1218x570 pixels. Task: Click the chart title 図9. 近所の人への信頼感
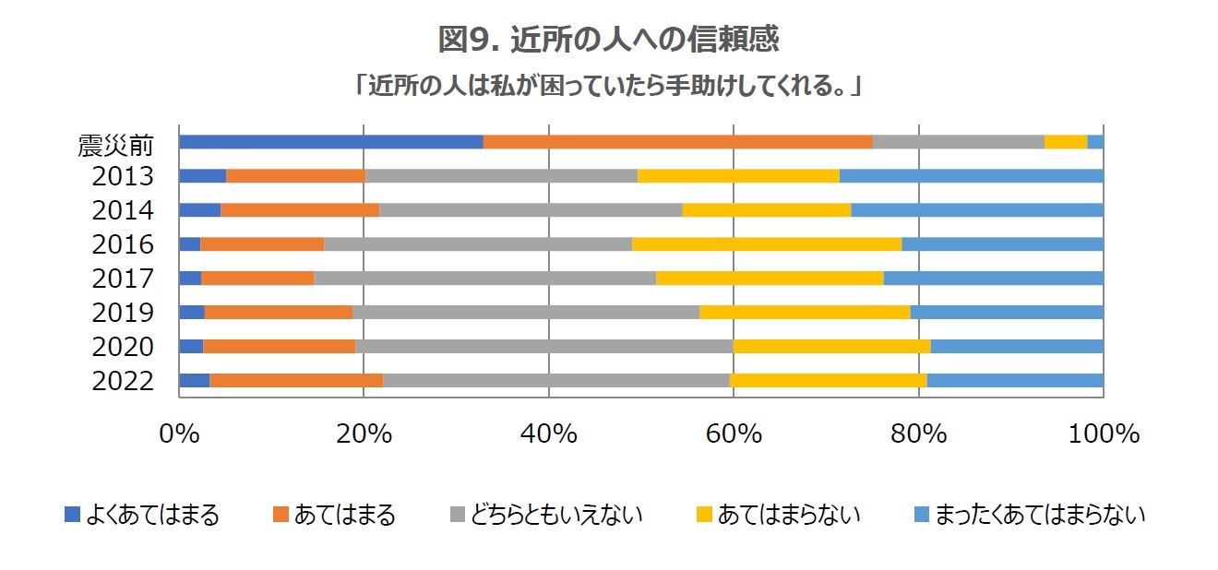click(609, 40)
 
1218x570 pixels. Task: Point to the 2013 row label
click(122, 176)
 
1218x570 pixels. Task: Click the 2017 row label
click(122, 279)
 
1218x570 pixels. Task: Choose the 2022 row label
click(122, 381)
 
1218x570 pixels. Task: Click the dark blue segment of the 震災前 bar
click(330, 142)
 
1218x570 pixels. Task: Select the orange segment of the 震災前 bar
click(677, 142)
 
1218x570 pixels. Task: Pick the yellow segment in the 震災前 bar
click(1066, 142)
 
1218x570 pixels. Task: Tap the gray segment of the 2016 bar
click(477, 244)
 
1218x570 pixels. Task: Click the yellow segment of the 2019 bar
click(805, 313)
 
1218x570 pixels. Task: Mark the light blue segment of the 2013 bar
click(972, 176)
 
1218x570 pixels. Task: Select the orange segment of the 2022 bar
click(296, 381)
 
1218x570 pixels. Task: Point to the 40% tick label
click(549, 433)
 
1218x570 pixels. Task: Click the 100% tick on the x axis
click(1103, 433)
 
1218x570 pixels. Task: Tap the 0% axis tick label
click(179, 433)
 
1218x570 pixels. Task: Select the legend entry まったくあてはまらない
click(1039, 515)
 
